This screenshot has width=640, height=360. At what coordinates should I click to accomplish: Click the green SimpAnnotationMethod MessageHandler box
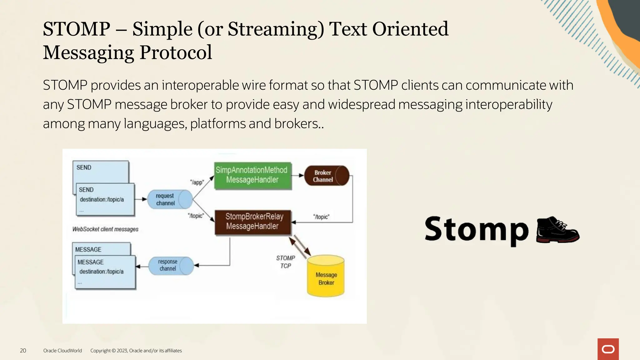(x=252, y=175)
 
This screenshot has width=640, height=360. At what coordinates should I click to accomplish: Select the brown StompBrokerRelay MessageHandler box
(x=252, y=222)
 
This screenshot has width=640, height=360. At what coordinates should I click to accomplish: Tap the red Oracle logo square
(x=608, y=349)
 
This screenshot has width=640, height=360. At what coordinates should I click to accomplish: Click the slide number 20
(x=23, y=351)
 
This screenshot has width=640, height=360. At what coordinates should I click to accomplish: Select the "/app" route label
(x=197, y=182)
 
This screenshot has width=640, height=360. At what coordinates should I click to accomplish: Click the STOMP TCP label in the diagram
(x=285, y=262)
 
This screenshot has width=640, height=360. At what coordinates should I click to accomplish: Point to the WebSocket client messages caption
(x=105, y=229)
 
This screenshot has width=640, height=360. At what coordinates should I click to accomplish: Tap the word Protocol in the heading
(x=176, y=52)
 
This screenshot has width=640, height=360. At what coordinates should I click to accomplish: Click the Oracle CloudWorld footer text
(x=62, y=351)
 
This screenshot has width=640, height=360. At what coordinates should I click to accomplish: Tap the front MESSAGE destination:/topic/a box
(x=105, y=272)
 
